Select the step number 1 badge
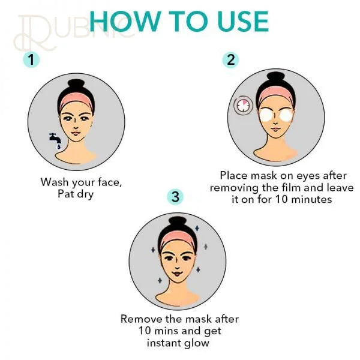coord(31,59)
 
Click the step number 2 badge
coord(230,59)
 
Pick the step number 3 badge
coord(175,197)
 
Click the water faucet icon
coord(55,140)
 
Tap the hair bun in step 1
coord(76,86)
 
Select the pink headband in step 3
coord(177,239)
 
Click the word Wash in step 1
coord(55,182)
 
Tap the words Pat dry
coord(76,194)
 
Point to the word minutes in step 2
coord(311,199)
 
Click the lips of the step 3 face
coord(177,274)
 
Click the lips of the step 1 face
coord(75,133)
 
